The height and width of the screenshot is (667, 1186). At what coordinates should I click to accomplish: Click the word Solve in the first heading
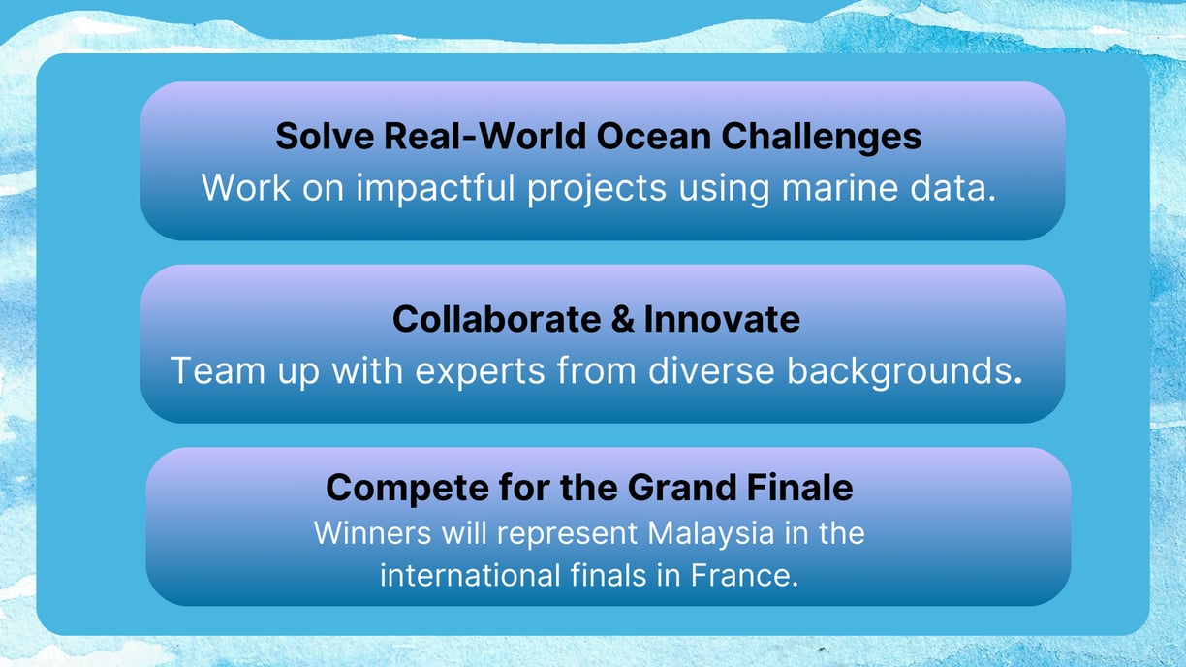pyautogui.click(x=325, y=136)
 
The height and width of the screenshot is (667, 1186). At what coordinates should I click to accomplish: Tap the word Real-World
pyautogui.click(x=484, y=136)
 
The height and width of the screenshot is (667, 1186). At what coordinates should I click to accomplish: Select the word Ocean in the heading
pyautogui.click(x=653, y=136)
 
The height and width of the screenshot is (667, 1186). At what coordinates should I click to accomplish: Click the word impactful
pyautogui.click(x=435, y=187)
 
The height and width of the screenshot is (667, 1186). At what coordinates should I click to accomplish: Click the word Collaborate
pyautogui.click(x=497, y=319)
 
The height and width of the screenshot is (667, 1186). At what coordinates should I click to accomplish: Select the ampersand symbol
pyautogui.click(x=622, y=320)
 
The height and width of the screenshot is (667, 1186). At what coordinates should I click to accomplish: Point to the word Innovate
pyautogui.click(x=722, y=319)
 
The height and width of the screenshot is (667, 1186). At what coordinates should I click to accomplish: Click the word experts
pyautogui.click(x=480, y=372)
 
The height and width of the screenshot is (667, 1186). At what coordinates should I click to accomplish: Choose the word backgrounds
pyautogui.click(x=904, y=372)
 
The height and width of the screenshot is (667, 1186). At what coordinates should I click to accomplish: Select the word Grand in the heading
pyautogui.click(x=682, y=488)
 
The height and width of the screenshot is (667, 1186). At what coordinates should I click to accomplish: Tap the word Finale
pyautogui.click(x=799, y=488)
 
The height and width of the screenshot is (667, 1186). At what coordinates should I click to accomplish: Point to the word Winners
pyautogui.click(x=372, y=532)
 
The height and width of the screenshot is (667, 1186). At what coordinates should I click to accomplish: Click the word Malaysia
pyautogui.click(x=710, y=534)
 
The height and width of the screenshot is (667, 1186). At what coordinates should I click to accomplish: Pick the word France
pyautogui.click(x=744, y=575)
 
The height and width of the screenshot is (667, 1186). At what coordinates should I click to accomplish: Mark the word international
pyautogui.click(x=470, y=575)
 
